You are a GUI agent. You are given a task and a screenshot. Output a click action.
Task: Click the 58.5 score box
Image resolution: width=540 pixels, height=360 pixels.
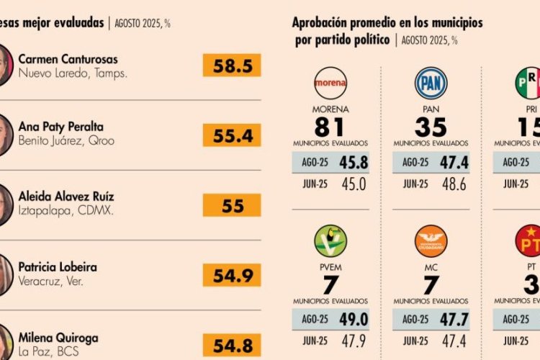(x=232, y=66)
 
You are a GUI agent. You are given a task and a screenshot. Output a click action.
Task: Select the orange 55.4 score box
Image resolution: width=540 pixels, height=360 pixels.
(x=232, y=135)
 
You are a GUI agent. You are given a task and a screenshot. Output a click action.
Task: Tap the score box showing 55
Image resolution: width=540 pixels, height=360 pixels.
(x=232, y=205)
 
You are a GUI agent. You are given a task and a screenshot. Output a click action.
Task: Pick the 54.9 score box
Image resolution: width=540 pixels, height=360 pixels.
(x=232, y=274)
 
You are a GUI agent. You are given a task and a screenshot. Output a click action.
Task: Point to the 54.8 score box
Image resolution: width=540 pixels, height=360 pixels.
(x=232, y=344)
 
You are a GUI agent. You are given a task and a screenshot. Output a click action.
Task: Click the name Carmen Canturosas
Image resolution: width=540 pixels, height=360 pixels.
(x=68, y=59)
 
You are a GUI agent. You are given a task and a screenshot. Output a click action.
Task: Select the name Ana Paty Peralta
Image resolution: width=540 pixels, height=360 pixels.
(x=60, y=127)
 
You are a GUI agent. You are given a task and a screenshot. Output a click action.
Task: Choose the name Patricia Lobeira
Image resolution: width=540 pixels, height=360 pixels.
(x=58, y=267)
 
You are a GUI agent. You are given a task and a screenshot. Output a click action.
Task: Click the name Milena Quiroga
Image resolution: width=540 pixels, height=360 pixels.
(x=58, y=338)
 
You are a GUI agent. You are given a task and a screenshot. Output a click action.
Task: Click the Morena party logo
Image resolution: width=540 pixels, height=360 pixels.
(x=330, y=83)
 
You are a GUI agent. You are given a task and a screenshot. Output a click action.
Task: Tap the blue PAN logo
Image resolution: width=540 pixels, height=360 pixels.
(x=431, y=83)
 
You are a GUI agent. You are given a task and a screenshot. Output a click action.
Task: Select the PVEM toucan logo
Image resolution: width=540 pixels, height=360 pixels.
(x=330, y=241)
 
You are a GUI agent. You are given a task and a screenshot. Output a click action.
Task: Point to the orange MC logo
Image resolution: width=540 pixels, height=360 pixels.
(x=431, y=241)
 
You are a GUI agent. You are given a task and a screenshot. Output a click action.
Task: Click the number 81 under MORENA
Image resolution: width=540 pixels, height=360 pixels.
(x=330, y=127)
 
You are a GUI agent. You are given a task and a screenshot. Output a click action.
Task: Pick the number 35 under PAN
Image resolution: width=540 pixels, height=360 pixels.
(x=431, y=127)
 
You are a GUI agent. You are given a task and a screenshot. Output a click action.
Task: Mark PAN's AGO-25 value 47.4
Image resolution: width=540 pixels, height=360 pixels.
(x=454, y=163)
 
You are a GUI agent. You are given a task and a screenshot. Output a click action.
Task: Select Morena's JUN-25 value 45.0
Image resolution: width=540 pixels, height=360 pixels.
(x=353, y=184)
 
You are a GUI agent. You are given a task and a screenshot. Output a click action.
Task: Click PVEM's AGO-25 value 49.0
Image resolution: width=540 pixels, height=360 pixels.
(x=353, y=320)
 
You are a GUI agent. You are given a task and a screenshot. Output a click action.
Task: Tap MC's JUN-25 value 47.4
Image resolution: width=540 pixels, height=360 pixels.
(x=454, y=341)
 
